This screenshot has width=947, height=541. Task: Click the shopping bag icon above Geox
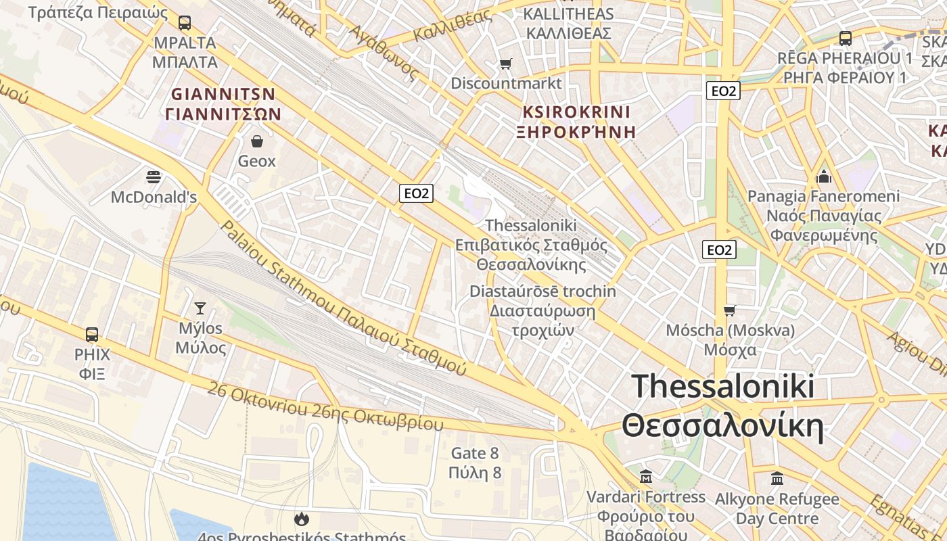pos(257,141)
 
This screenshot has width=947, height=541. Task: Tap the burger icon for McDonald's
pos(154,177)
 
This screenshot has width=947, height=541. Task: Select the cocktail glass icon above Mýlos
pos(200,308)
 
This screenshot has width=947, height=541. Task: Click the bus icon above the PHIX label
pos(92,334)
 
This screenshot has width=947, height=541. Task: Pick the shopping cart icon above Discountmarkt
pos(505,64)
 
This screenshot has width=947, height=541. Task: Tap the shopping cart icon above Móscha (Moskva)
pos(729,310)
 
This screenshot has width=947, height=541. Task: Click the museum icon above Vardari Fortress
pos(645,477)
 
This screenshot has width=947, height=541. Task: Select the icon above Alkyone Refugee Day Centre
pos(777,479)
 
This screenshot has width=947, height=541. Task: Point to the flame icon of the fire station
pos(301,519)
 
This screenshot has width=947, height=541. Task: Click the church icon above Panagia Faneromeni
pos(824,177)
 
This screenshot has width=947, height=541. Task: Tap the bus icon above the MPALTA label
pos(185,23)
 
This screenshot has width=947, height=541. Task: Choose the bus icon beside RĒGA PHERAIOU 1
pos(845,38)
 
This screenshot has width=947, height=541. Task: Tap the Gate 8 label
pos(475,463)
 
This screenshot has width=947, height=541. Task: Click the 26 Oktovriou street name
pos(325,408)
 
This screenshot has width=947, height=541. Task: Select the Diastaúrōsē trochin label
pos(543,311)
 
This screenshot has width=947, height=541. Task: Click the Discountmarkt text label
pos(506,83)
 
